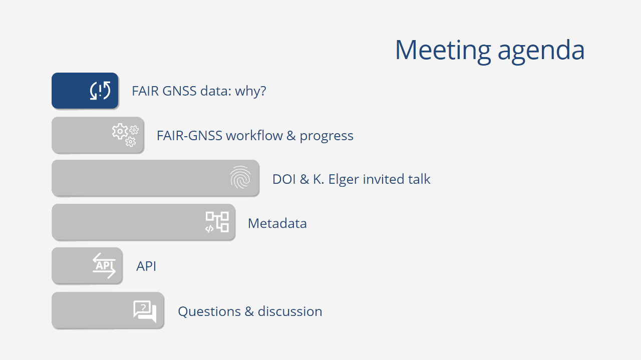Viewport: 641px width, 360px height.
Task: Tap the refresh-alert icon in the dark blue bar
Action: pyautogui.click(x=100, y=91)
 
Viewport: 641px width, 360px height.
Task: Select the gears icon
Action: pyautogui.click(x=125, y=135)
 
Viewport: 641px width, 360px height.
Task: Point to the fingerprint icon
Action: pyautogui.click(x=240, y=177)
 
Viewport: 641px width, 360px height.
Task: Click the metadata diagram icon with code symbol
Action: pyautogui.click(x=217, y=222)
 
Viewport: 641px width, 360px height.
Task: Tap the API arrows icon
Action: pyautogui.click(x=104, y=265)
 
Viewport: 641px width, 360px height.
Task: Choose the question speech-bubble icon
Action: pyautogui.click(x=145, y=311)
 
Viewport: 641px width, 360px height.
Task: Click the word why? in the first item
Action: pyautogui.click(x=251, y=92)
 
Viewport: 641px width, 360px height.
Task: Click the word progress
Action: pyautogui.click(x=327, y=137)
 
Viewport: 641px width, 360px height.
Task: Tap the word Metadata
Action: pyautogui.click(x=277, y=223)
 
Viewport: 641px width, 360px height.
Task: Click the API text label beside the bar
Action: pyautogui.click(x=146, y=266)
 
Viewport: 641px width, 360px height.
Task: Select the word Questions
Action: pyautogui.click(x=209, y=311)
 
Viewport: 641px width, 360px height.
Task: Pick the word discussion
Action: pyautogui.click(x=290, y=311)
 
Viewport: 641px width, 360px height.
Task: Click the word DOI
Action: pyautogui.click(x=283, y=179)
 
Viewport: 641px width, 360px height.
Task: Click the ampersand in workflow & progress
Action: pyautogui.click(x=291, y=136)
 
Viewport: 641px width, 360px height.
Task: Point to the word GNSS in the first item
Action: pyautogui.click(x=179, y=91)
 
